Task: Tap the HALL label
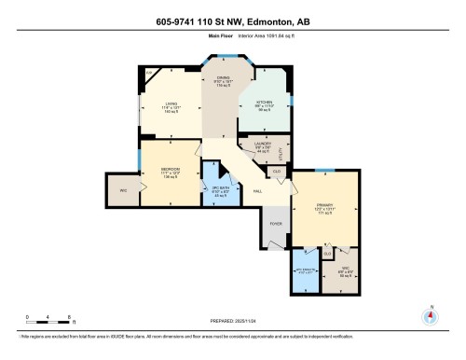257,190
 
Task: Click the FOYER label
276,224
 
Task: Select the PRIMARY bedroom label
322,209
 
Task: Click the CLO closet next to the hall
277,171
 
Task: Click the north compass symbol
430,315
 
